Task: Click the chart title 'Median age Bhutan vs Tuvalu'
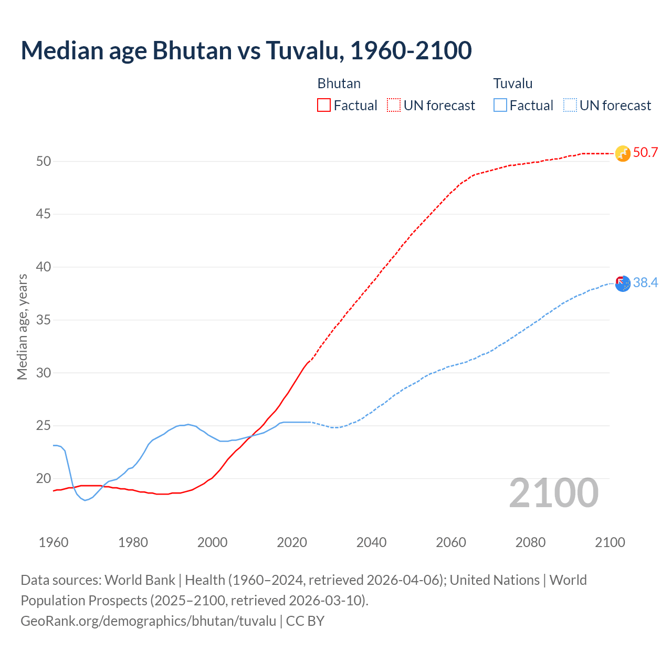(246, 50)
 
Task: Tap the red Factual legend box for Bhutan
(324, 105)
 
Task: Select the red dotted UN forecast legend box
(394, 105)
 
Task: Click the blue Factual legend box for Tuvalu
(500, 105)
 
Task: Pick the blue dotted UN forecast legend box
(570, 105)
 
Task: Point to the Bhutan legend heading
(339, 83)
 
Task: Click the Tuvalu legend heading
(512, 83)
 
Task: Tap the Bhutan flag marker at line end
(622, 153)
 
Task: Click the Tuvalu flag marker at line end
(622, 283)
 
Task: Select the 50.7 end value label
(645, 153)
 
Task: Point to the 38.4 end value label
(645, 283)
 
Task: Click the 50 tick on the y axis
(44, 161)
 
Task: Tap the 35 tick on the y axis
(44, 320)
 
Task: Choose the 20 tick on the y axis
(44, 478)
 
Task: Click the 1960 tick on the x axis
(54, 542)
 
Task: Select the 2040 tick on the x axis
(371, 542)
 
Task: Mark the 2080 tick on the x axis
(530, 542)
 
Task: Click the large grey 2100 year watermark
(553, 493)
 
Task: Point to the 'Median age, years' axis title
(22, 327)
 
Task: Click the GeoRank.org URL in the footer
(148, 621)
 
